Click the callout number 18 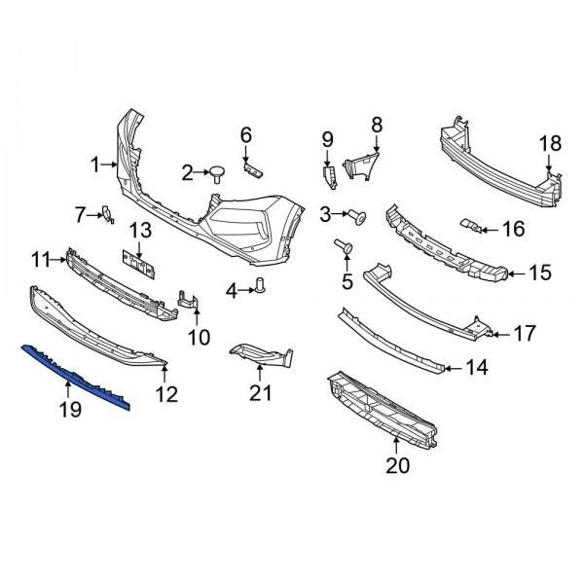tap(550, 144)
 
